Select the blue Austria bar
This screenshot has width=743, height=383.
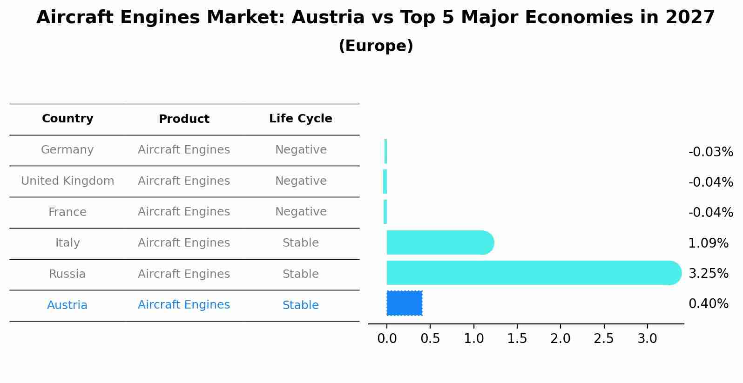tap(404, 303)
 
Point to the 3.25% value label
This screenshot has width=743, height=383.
tap(708, 273)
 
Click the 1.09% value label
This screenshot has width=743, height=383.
tap(708, 243)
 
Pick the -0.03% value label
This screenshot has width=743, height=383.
tap(710, 152)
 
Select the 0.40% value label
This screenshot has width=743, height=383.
tap(708, 304)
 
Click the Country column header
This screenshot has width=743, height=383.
tap(68, 119)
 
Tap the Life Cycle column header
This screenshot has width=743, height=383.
tap(300, 119)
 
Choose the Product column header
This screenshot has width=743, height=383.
tap(184, 119)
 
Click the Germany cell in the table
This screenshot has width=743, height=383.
tap(68, 150)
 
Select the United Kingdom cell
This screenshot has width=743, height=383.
tap(68, 181)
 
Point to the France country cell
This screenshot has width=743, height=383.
tap(68, 212)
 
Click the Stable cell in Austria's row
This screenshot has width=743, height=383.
tap(300, 305)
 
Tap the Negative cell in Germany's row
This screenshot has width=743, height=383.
tap(300, 150)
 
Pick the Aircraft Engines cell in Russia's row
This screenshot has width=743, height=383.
tap(184, 274)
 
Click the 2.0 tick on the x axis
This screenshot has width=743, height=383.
tap(560, 338)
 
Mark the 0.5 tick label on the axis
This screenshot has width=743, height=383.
tap(430, 338)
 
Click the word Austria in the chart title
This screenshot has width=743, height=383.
tap(328, 18)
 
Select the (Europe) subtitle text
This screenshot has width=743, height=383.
tap(376, 46)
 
